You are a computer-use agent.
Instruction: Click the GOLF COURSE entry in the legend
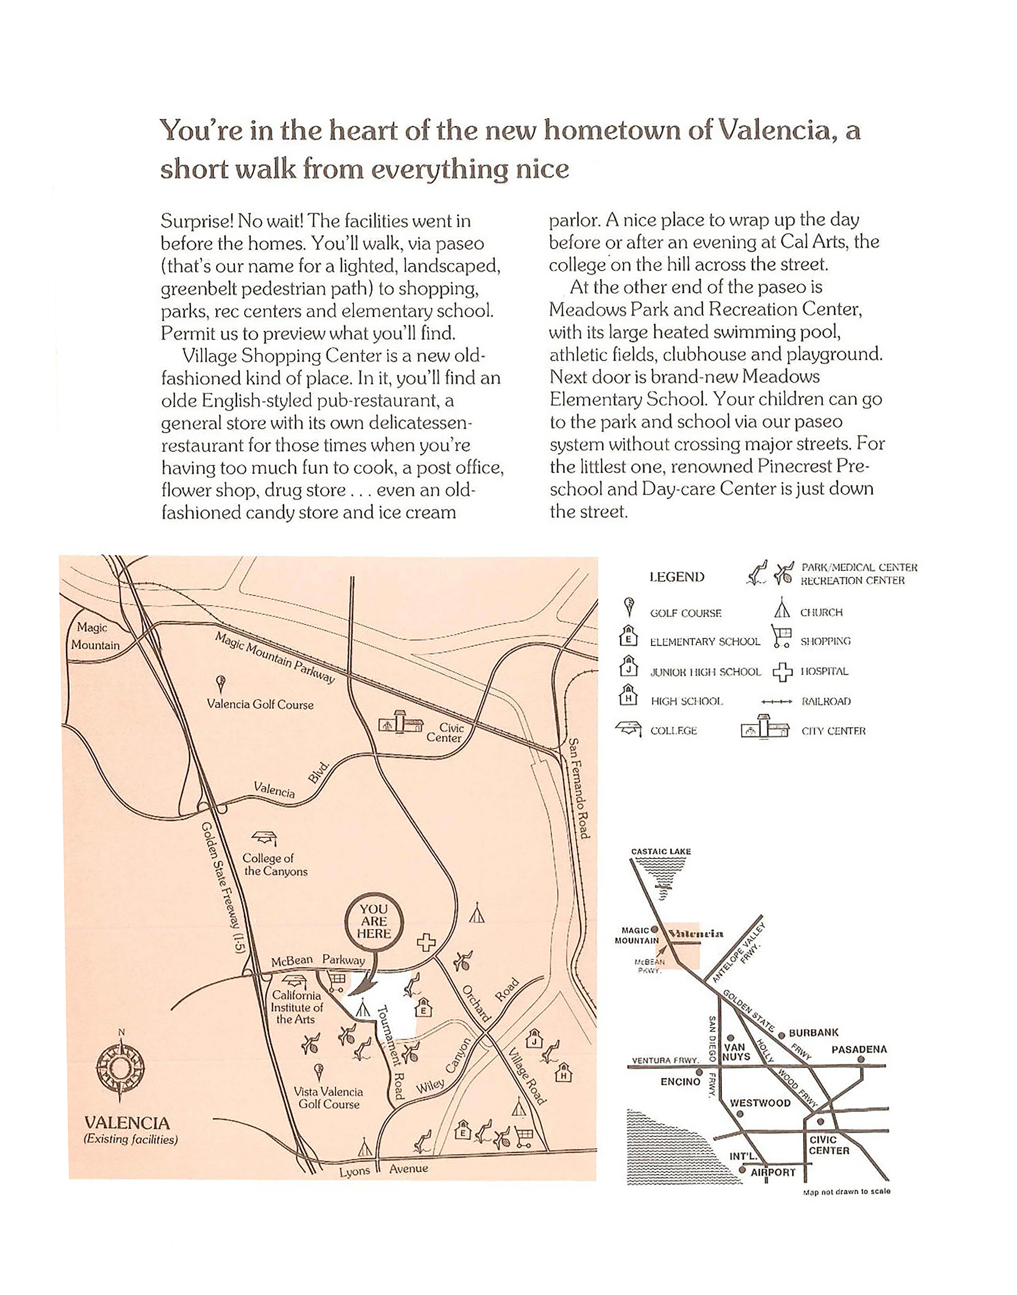point(685,613)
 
